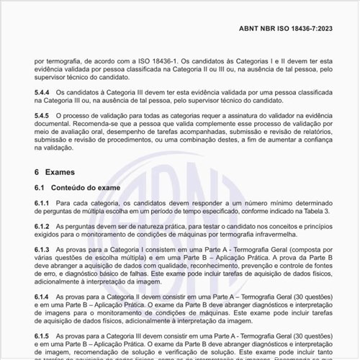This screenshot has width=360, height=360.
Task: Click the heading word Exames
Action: tap(60, 173)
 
